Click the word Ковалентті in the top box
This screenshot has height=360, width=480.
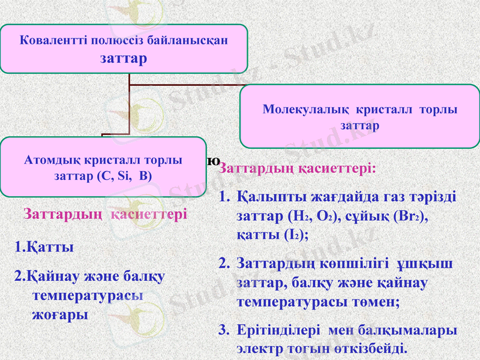(x=53, y=41)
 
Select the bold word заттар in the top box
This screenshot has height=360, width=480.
(x=124, y=58)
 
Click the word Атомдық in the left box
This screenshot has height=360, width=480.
(x=49, y=161)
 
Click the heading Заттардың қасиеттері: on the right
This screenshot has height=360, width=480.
(x=298, y=167)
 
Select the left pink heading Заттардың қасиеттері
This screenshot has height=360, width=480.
(x=105, y=214)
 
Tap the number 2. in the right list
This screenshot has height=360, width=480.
(x=224, y=263)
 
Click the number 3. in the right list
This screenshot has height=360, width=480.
(x=224, y=329)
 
